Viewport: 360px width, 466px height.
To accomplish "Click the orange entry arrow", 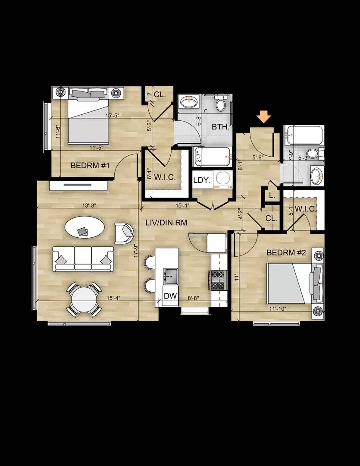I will click(264, 117).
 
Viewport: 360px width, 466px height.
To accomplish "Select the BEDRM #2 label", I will click(286, 252).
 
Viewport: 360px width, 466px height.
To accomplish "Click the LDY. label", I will click(202, 181).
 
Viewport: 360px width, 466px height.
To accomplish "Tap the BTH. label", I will click(220, 127).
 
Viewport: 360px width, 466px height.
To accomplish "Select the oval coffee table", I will click(84, 228).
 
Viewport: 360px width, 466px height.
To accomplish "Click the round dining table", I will click(84, 299).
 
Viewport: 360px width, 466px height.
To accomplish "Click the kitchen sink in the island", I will click(170, 275).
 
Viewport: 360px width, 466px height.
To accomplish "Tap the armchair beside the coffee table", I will click(124, 233).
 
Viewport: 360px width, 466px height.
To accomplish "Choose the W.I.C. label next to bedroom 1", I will click(163, 176).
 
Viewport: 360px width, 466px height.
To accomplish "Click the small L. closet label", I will click(272, 195).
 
